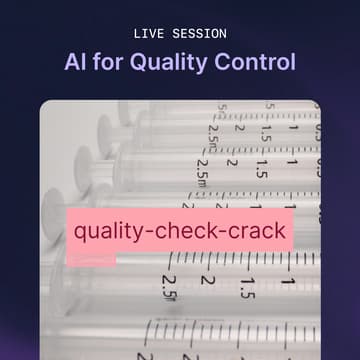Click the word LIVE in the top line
(x=150, y=34)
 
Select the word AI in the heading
(x=76, y=62)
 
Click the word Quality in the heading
(x=171, y=62)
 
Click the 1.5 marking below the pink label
(x=246, y=288)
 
